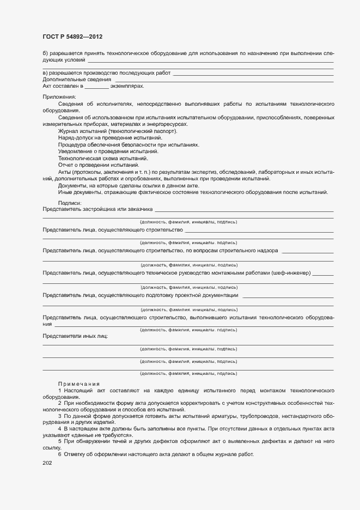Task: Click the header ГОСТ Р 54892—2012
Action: [72, 37]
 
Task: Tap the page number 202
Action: [47, 464]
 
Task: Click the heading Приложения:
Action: [59, 96]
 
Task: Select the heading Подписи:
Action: [69, 203]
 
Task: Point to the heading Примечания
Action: [79, 384]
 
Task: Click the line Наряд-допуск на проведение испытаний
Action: [102, 138]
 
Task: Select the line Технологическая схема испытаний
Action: [95, 158]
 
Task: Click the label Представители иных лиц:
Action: [75, 336]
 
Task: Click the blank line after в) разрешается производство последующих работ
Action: [253, 73]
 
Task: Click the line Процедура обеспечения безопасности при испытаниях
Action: [129, 144]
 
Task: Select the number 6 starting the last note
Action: [59, 454]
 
